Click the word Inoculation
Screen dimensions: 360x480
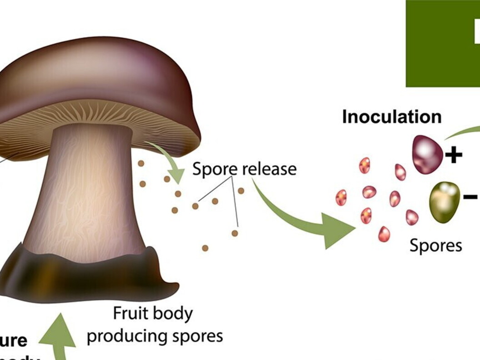tap(391, 117)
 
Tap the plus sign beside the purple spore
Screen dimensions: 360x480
tap(453, 155)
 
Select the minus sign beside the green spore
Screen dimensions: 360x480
tap(470, 196)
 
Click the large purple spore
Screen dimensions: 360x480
tap(427, 155)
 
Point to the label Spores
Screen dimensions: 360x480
tap(435, 245)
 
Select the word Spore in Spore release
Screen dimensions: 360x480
tap(215, 169)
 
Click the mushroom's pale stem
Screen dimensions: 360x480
tap(86, 191)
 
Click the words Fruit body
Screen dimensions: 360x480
tap(153, 314)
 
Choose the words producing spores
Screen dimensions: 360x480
tap(155, 336)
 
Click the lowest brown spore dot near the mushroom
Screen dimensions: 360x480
tap(205, 248)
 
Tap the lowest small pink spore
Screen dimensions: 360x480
tap(384, 234)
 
